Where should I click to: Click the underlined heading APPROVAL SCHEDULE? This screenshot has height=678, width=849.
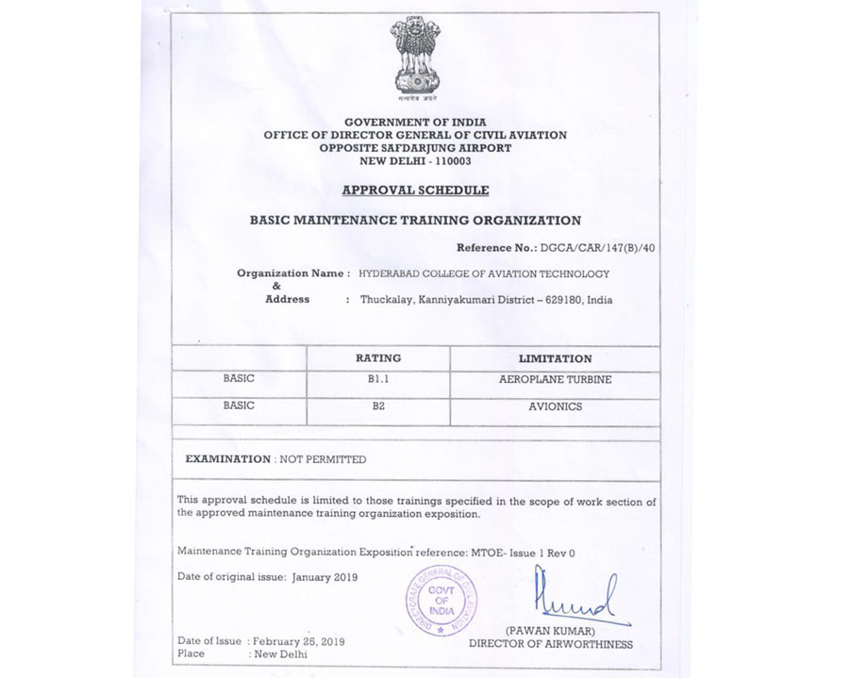point(415,190)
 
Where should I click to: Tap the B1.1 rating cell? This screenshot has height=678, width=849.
point(377,379)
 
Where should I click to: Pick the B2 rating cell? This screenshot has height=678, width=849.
point(377,406)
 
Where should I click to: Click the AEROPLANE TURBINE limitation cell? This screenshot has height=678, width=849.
point(555,379)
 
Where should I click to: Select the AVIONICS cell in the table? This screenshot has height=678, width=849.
point(555,406)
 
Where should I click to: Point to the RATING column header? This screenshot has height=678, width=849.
point(377,358)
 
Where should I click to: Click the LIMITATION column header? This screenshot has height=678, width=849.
point(555,359)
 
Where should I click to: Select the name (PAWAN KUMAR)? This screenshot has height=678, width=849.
point(551,630)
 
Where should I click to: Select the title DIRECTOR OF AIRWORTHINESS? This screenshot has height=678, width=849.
point(551,644)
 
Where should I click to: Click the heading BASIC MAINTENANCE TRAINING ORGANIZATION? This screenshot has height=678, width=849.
point(415,221)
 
